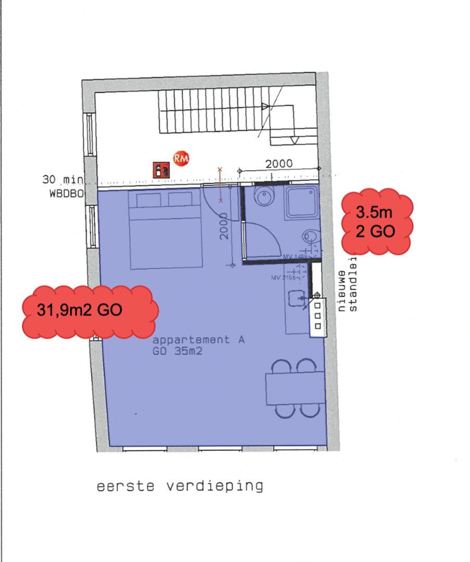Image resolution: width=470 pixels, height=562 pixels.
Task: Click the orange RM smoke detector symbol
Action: tap(181, 158)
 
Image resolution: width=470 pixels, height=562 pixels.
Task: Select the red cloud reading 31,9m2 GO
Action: tap(88, 311)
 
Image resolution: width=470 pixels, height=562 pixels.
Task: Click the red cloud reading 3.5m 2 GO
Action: tap(376, 222)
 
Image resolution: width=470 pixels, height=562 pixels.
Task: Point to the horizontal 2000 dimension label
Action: tap(279, 163)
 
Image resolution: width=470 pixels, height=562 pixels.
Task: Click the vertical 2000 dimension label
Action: tap(224, 226)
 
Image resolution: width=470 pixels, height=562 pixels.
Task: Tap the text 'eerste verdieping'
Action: tap(180, 487)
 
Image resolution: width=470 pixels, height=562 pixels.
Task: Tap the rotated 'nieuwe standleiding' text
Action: tap(348, 291)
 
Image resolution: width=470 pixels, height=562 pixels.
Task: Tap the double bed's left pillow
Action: tap(149, 199)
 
